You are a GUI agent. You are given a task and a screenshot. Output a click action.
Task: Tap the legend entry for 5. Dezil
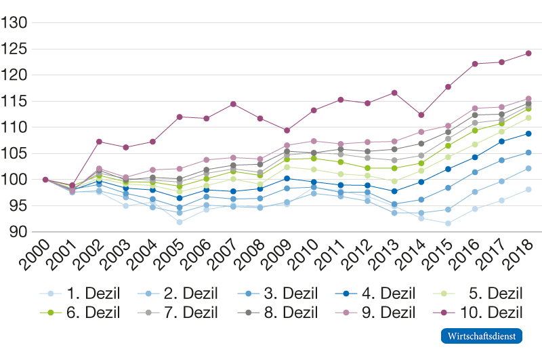(478, 294)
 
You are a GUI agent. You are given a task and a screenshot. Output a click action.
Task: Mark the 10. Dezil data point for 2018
(528, 53)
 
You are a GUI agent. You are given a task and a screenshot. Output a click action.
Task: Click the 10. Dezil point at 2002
(99, 142)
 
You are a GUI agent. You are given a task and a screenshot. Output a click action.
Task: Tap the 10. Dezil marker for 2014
(421, 115)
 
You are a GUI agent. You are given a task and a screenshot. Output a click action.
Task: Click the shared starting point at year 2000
(45, 180)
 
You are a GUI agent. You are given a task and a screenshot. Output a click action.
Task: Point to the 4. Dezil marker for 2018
(528, 134)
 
